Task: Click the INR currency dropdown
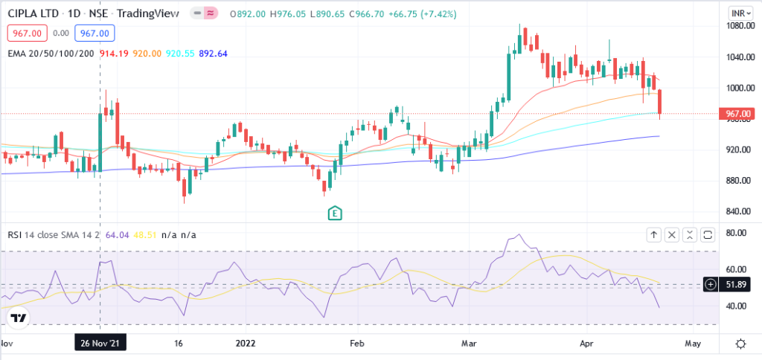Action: pyautogui.click(x=737, y=13)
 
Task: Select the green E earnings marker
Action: pyautogui.click(x=335, y=213)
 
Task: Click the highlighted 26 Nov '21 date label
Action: pyautogui.click(x=100, y=343)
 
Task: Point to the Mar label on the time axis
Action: pyautogui.click(x=469, y=344)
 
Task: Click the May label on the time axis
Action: pyautogui.click(x=692, y=344)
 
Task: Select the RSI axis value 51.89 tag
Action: pyautogui.click(x=736, y=284)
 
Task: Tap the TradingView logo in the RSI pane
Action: pyautogui.click(x=19, y=318)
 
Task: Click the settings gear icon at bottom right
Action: pyautogui.click(x=741, y=344)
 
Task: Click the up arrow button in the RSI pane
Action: pyautogui.click(x=653, y=235)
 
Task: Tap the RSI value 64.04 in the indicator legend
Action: pyautogui.click(x=118, y=235)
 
